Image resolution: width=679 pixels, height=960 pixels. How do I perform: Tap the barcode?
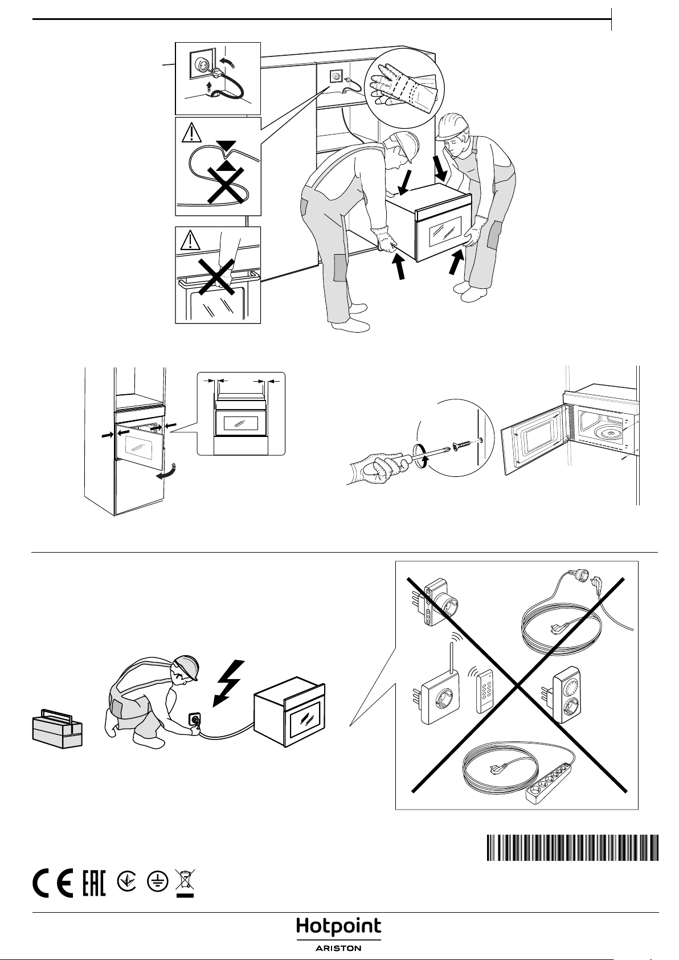pyautogui.click(x=572, y=847)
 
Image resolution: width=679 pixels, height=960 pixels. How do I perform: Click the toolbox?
pyautogui.click(x=58, y=729)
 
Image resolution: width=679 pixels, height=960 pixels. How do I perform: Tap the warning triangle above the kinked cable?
pyautogui.click(x=191, y=132)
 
